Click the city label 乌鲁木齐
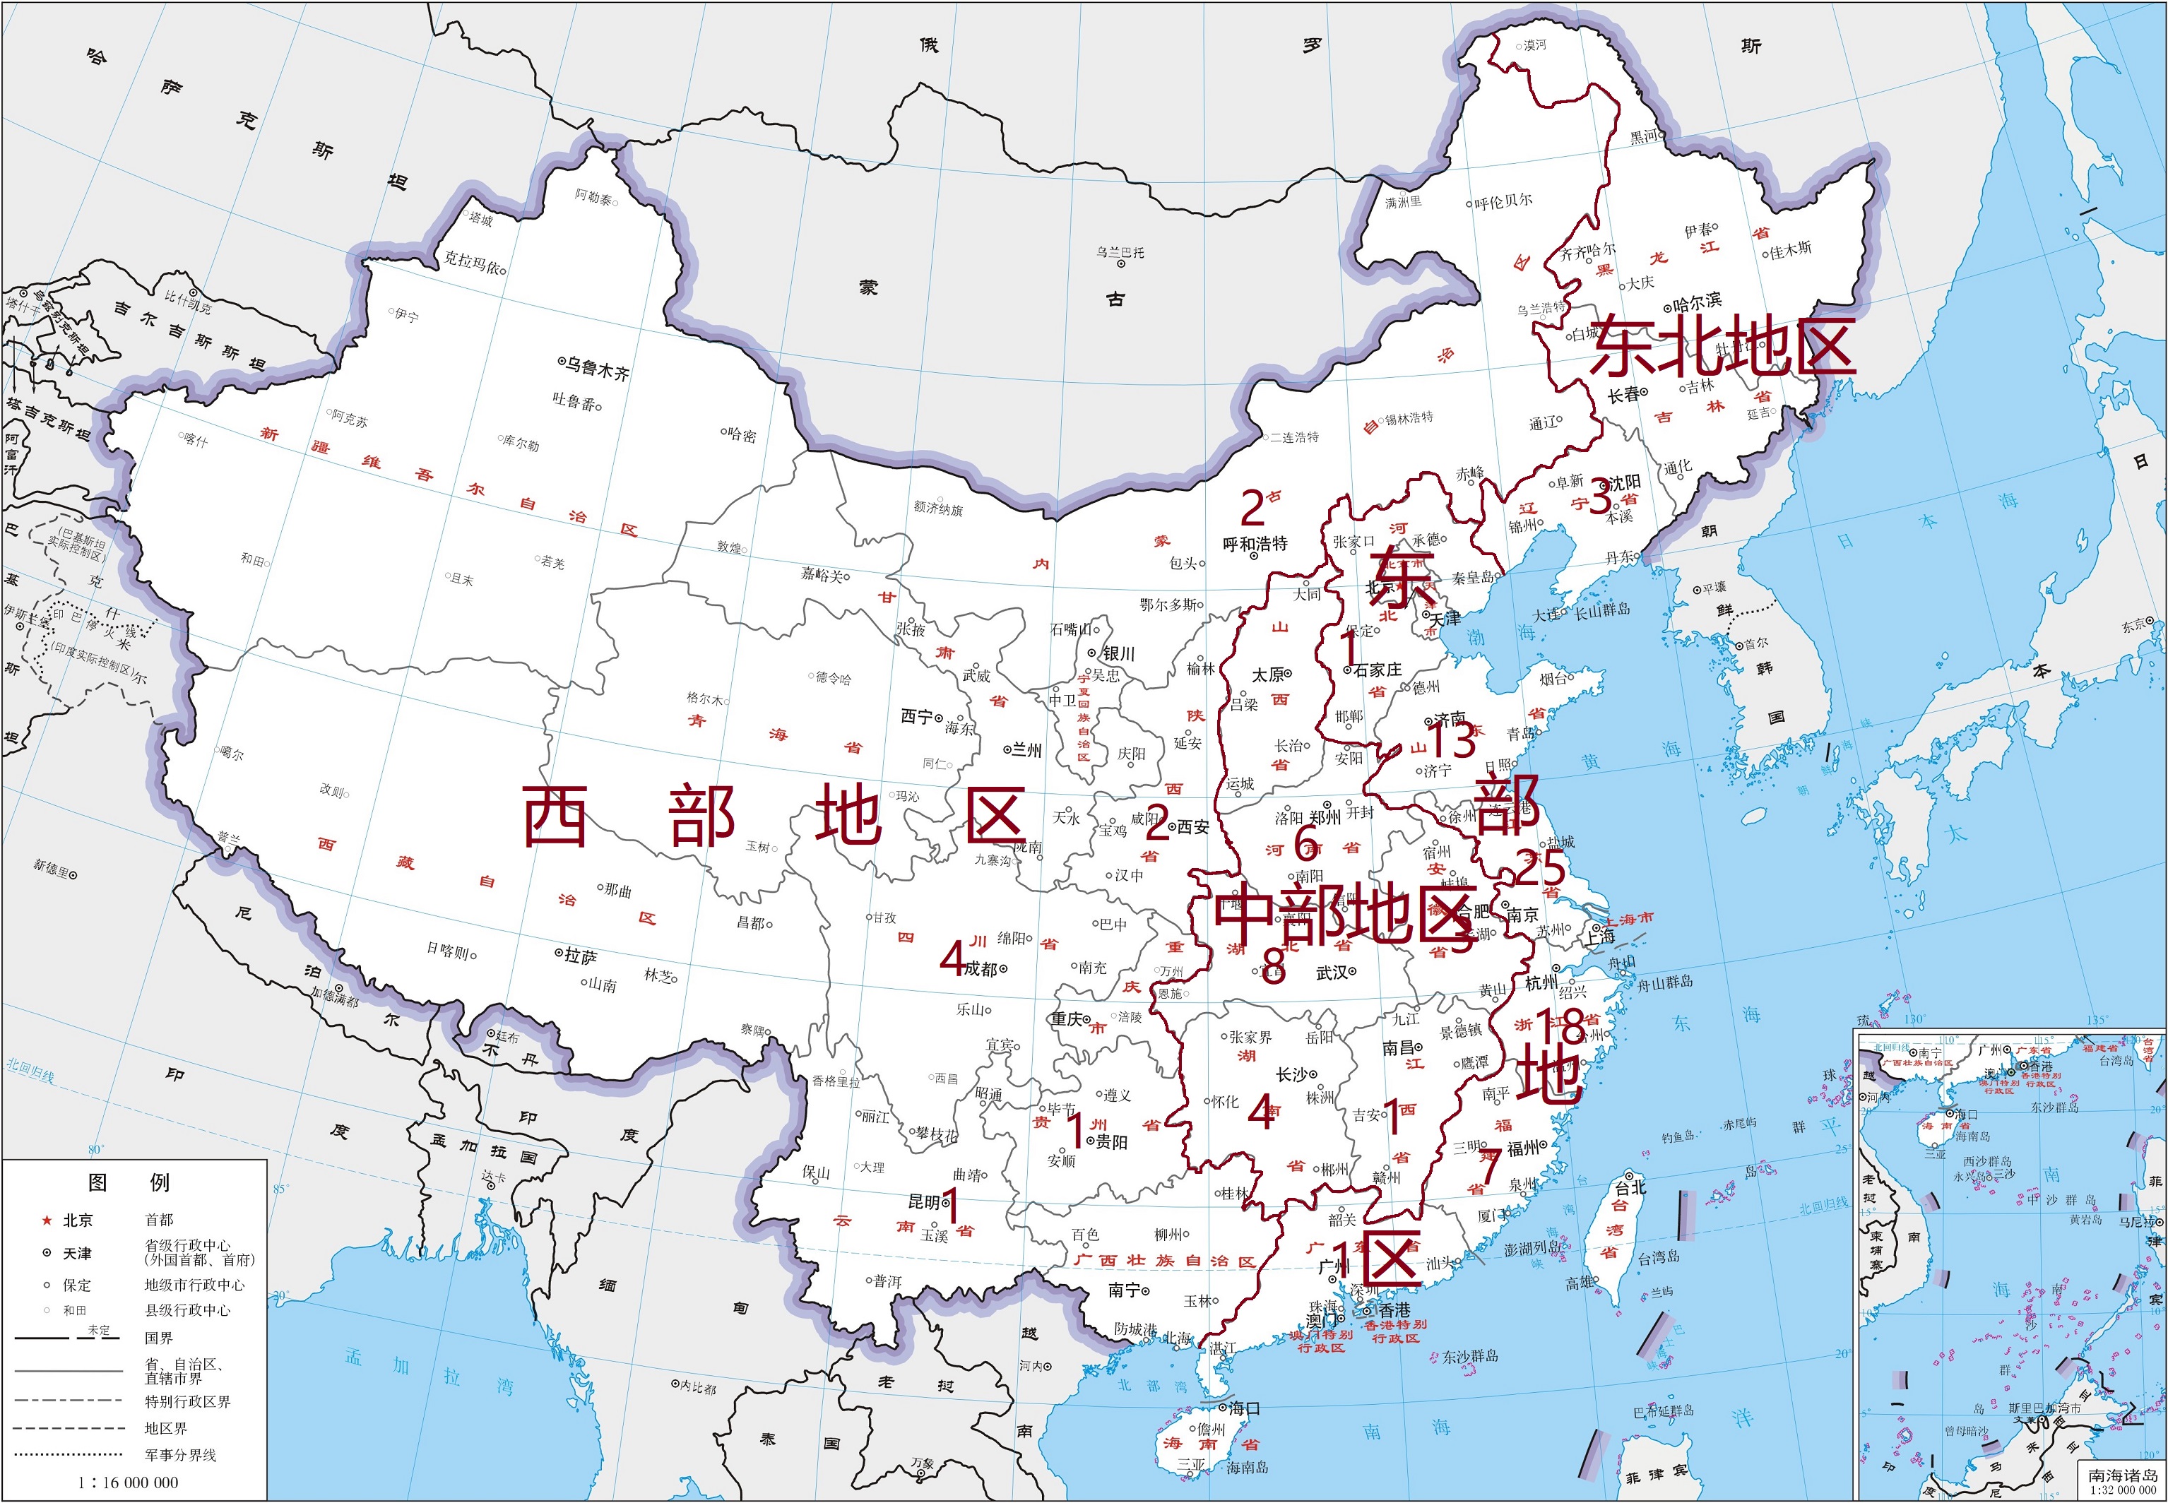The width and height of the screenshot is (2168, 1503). click(596, 367)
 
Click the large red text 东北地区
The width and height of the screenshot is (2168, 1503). click(1722, 347)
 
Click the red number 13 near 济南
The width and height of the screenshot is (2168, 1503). click(1451, 740)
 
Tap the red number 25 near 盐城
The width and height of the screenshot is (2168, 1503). click(1540, 868)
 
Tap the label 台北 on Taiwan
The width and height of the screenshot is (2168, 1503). click(1630, 1187)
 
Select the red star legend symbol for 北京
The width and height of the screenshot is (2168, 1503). click(46, 1220)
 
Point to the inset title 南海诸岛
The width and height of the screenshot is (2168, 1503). click(2122, 1474)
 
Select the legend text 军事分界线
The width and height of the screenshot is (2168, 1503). click(181, 1455)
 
